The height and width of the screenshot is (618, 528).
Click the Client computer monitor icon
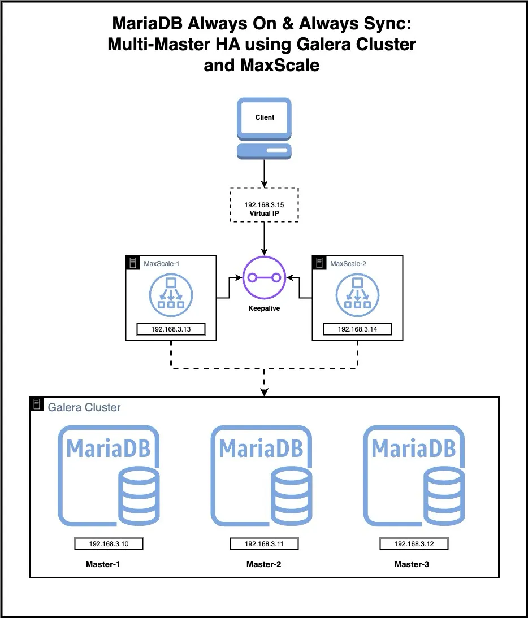[264, 128]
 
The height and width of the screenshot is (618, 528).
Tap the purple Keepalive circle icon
[264, 278]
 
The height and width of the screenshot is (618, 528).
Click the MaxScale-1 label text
[161, 264]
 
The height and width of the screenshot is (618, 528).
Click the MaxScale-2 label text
[348, 264]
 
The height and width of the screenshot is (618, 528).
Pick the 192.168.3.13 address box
[171, 329]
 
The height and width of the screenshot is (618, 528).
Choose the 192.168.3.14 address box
[358, 329]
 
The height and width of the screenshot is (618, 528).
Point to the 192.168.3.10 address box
[109, 544]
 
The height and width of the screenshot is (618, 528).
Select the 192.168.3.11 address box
[264, 544]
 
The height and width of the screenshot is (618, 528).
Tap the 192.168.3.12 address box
[414, 544]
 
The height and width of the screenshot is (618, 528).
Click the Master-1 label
[103, 564]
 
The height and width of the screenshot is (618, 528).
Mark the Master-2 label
[264, 564]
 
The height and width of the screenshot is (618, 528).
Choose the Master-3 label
[412, 564]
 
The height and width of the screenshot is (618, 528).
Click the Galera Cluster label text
[84, 407]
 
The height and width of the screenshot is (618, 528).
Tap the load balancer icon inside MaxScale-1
[171, 295]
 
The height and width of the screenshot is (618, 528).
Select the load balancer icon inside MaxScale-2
[358, 295]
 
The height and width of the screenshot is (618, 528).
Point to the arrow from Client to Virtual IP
[264, 173]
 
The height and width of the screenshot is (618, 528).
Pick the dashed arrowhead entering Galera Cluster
[264, 393]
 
